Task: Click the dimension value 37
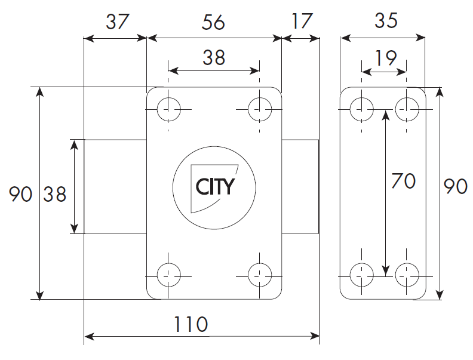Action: [118, 21]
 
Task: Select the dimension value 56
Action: [213, 22]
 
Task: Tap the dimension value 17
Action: [302, 21]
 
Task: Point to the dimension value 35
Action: [386, 20]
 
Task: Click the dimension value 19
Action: [386, 58]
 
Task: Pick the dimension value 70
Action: [403, 181]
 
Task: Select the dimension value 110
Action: [191, 324]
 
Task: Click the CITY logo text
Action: [215, 187]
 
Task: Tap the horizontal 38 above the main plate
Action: [214, 57]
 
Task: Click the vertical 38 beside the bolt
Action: [54, 194]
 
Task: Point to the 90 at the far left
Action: [20, 194]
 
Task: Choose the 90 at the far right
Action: [456, 186]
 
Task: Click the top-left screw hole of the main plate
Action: [168, 109]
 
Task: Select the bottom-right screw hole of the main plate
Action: [260, 275]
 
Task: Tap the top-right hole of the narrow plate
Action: [407, 109]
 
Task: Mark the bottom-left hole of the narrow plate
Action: [362, 275]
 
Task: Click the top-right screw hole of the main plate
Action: [260, 109]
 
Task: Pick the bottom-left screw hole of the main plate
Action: [168, 275]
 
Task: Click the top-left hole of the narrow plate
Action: [362, 109]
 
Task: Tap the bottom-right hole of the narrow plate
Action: [407, 275]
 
